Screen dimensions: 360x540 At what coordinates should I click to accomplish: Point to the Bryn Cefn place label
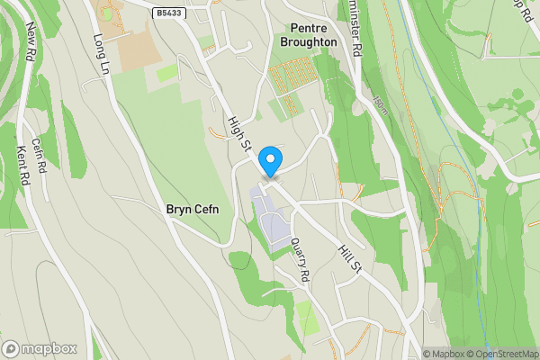193,209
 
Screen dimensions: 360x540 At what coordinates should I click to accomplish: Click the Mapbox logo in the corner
40,348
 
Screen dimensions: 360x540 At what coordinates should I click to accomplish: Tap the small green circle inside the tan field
107,14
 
